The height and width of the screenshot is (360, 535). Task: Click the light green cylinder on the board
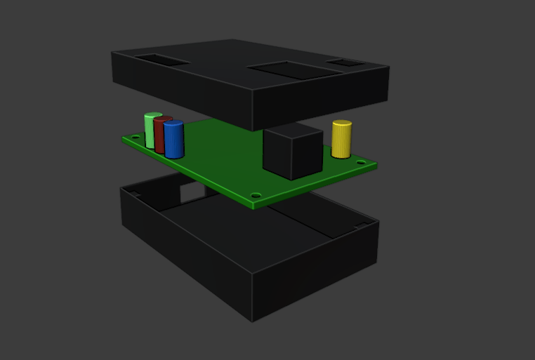tap(150, 131)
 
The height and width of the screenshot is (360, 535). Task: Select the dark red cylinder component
tap(161, 137)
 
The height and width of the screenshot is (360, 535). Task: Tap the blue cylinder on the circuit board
tap(173, 140)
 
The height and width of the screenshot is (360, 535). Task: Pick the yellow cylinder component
tap(341, 140)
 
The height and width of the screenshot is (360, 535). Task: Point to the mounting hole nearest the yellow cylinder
tap(361, 163)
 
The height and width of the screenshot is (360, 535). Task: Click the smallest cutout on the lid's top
tap(345, 63)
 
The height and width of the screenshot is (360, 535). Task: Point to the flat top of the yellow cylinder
tap(342, 124)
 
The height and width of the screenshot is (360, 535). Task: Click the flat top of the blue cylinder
tap(174, 124)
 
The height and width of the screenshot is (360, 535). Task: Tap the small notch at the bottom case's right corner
tap(361, 225)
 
